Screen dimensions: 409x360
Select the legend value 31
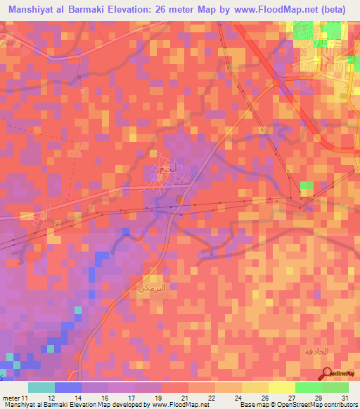click(345, 397)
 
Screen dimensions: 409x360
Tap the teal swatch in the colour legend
click(41, 387)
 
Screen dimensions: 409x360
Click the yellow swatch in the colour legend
click(282, 387)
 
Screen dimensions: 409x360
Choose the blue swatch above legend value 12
click(68, 387)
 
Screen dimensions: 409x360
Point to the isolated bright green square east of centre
click(307, 186)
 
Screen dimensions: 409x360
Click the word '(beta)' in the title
click(338, 9)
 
